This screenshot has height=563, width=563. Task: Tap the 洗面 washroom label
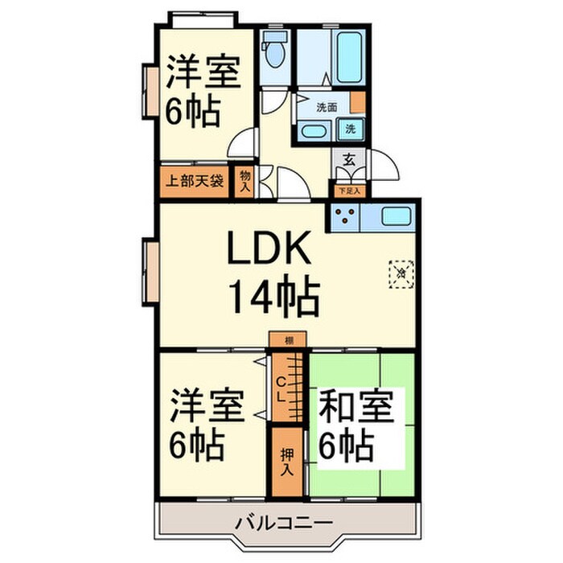tap(327, 107)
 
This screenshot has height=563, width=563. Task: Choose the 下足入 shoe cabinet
tap(349, 191)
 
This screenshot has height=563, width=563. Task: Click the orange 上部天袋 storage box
tap(195, 180)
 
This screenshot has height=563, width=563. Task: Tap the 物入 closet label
tap(245, 180)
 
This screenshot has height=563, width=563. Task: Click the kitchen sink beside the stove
tap(394, 216)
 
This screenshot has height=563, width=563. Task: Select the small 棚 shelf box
tap(288, 341)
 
